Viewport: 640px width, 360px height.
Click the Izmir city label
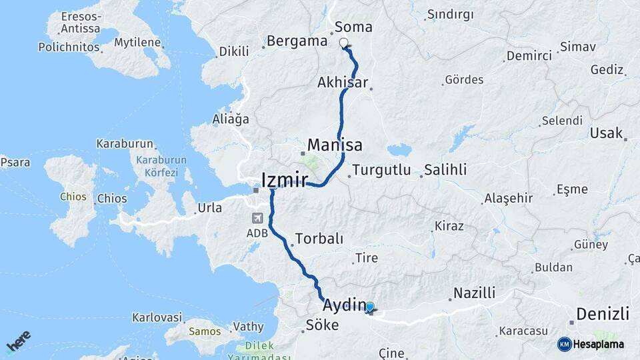tap(284, 180)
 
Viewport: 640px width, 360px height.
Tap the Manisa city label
tap(335, 145)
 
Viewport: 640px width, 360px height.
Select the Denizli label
tap(603, 313)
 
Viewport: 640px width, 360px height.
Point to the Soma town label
tap(353, 27)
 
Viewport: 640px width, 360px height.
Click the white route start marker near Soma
tap(344, 44)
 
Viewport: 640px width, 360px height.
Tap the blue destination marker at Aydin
tap(370, 307)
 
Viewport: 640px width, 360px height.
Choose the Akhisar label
tap(343, 83)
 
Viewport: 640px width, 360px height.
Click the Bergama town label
tap(297, 41)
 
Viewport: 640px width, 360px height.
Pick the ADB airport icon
tap(257, 218)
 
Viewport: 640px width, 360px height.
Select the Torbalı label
tap(319, 239)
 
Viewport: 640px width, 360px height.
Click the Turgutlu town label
tap(381, 170)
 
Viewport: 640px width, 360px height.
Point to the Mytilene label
tap(137, 43)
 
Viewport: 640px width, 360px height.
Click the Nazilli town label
tap(474, 293)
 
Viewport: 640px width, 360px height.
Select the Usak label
tap(605, 133)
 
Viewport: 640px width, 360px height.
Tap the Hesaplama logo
tap(591, 344)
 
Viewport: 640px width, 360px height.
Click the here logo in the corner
tap(18, 341)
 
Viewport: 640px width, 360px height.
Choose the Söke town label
tap(321, 325)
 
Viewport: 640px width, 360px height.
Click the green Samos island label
tap(205, 331)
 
